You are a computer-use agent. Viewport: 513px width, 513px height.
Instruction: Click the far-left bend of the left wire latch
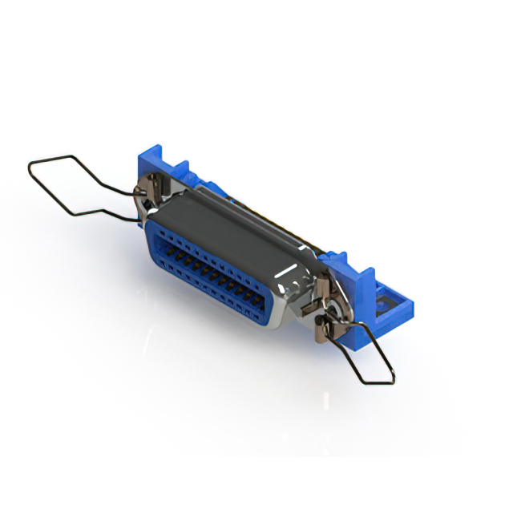click(x=30, y=166)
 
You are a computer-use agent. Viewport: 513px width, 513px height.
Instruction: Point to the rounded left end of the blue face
click(x=152, y=240)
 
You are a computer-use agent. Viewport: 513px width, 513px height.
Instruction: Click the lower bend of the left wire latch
click(x=71, y=214)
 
